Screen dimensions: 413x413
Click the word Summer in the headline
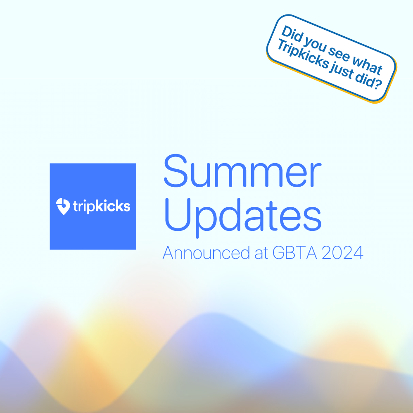242,171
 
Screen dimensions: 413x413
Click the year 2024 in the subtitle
342,253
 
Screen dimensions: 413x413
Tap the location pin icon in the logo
63,206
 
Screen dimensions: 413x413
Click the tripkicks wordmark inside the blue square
101,206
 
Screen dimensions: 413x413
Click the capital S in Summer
175,171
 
